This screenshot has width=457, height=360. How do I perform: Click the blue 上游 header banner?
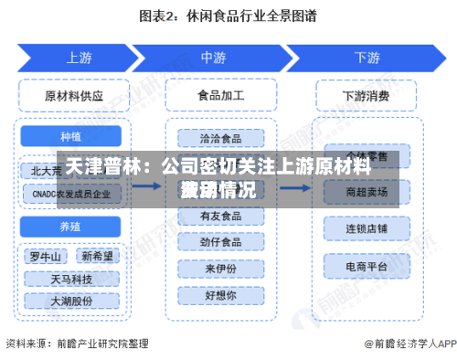pyautogui.click(x=77, y=58)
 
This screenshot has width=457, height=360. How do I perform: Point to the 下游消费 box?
pyautogui.click(x=366, y=94)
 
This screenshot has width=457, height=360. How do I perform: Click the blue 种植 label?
pyautogui.click(x=72, y=136)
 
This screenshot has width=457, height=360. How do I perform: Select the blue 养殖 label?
pyautogui.click(x=72, y=225)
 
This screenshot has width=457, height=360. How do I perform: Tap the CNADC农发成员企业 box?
pyautogui.click(x=72, y=193)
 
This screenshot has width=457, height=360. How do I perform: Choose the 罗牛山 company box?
pyautogui.click(x=45, y=255)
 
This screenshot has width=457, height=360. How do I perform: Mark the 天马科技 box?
pyautogui.click(x=71, y=277)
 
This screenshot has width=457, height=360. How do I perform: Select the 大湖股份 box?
pyautogui.click(x=71, y=299)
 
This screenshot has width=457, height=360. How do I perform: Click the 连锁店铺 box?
pyautogui.click(x=366, y=227)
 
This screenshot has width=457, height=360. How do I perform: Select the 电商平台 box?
pyautogui.click(x=366, y=265)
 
